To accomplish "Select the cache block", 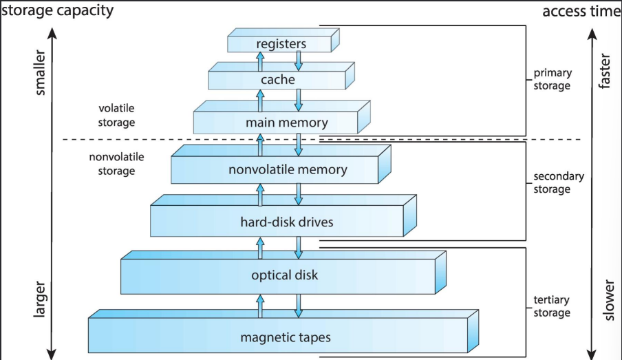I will coord(278,80).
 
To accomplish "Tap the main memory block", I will coord(277,123).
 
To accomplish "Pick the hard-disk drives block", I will coord(277,222).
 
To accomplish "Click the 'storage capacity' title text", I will coord(58,11).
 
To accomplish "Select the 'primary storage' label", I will coord(552,79).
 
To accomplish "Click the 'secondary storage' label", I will coord(559,182).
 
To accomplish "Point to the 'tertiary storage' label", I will coord(552,306).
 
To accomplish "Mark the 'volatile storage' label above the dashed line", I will coord(117,115).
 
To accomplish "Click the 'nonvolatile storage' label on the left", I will coord(116,164).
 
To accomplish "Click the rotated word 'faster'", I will coord(605,72).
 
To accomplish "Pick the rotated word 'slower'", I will coord(605,299).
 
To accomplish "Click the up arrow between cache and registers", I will coord(260,63).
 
